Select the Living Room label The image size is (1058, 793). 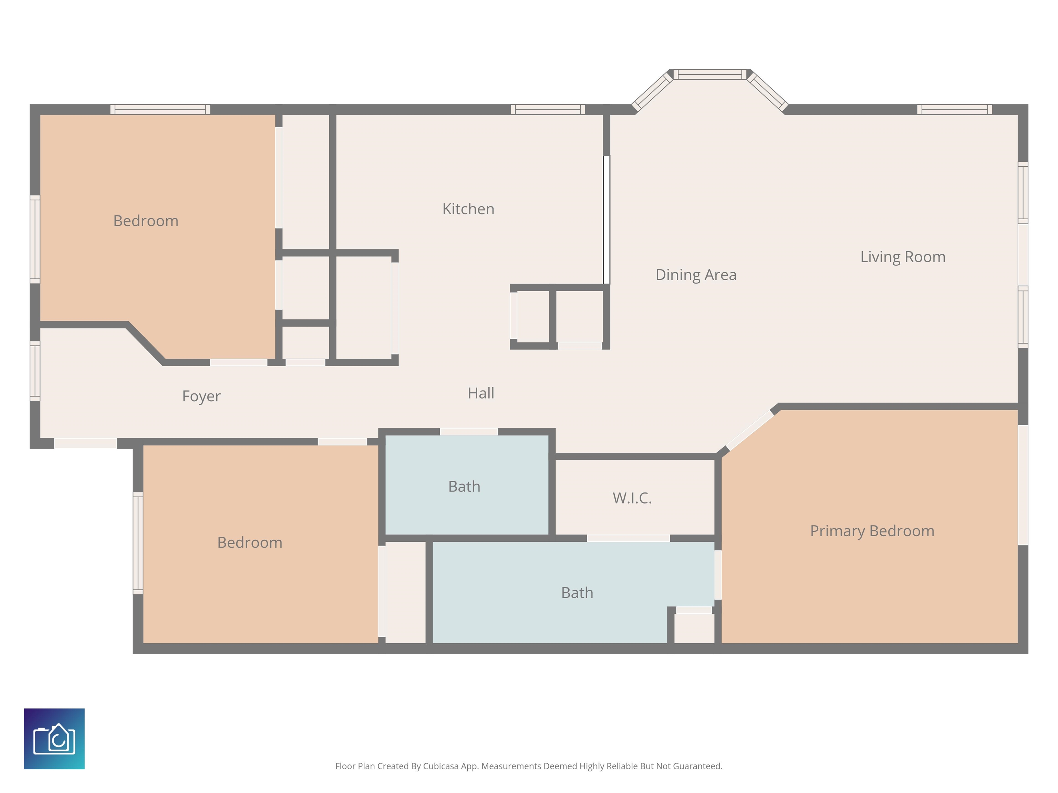pos(903,257)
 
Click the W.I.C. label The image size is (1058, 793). pos(632,498)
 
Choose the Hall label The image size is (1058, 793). pos(481,393)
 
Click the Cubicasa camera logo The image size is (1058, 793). pos(54,739)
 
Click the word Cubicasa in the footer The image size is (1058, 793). pos(440,766)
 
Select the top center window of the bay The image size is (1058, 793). pos(710,74)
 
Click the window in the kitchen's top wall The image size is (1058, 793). pos(548,109)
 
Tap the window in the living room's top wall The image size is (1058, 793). pos(954,109)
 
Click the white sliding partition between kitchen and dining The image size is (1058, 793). pos(606,220)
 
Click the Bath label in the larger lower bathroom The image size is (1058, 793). pos(577,593)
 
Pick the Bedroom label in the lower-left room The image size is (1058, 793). pos(250,542)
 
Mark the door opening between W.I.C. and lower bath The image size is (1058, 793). pos(628,538)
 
